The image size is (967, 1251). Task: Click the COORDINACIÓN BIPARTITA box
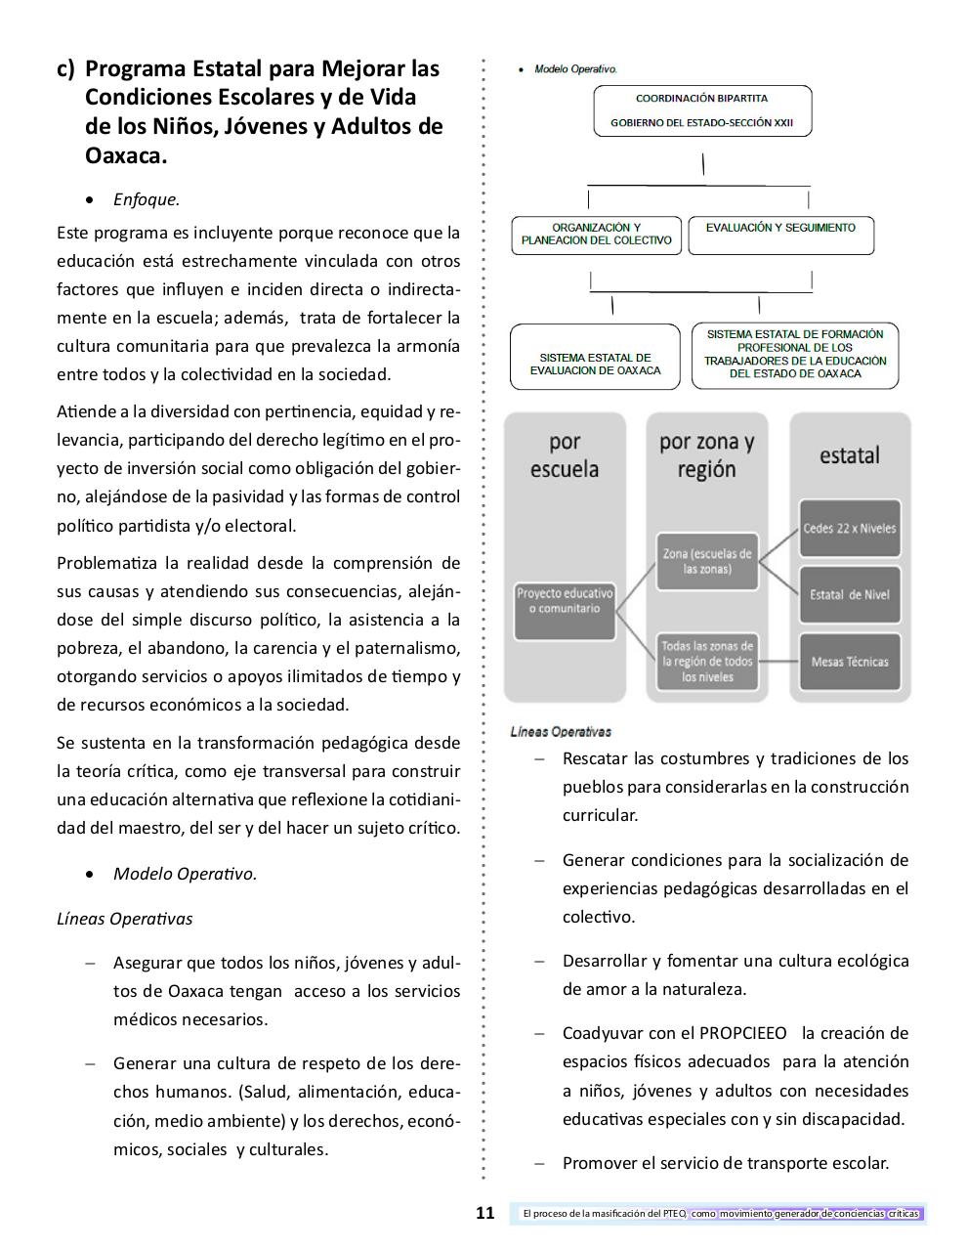click(702, 110)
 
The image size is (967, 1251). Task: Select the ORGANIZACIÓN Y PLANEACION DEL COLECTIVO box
click(596, 235)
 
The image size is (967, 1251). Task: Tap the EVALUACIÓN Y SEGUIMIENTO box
click(780, 235)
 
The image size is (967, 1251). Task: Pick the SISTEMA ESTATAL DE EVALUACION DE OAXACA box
click(595, 357)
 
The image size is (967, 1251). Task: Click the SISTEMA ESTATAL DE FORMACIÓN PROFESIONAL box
click(795, 355)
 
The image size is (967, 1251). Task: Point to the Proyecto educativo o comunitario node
click(565, 610)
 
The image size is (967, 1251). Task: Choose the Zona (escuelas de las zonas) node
click(707, 561)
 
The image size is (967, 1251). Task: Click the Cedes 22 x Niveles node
click(849, 529)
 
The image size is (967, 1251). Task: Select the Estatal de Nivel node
click(849, 594)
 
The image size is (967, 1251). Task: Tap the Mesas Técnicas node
click(849, 662)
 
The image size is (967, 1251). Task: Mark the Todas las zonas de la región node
click(707, 662)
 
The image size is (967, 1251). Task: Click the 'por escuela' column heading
click(565, 455)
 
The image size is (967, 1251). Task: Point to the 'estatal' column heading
click(849, 455)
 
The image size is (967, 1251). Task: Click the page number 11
click(485, 1214)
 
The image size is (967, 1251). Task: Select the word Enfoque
click(147, 199)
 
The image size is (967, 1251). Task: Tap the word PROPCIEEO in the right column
click(745, 1033)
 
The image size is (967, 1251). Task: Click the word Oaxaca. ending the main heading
click(126, 155)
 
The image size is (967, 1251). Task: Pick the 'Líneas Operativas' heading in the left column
click(125, 919)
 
